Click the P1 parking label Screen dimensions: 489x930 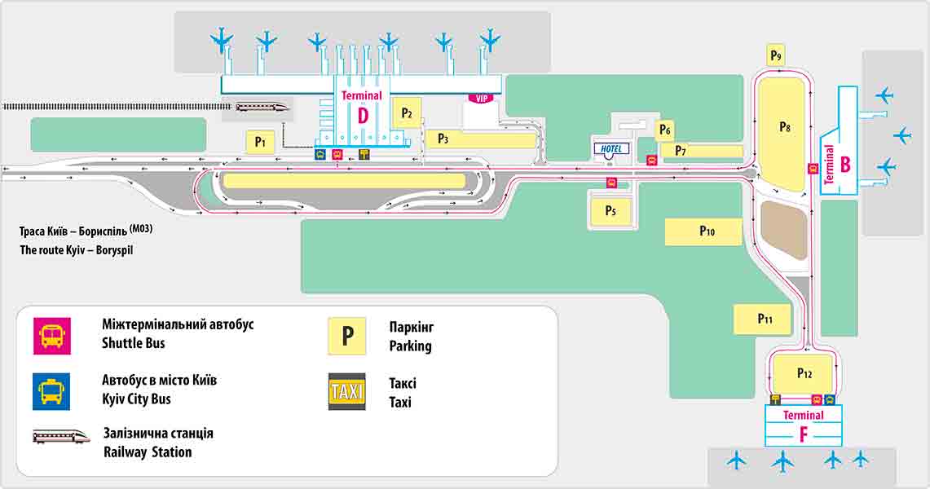[260, 143]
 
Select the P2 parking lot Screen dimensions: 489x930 [407, 114]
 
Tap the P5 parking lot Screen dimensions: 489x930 [610, 210]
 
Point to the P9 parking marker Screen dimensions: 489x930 [776, 55]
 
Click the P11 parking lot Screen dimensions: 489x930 [764, 319]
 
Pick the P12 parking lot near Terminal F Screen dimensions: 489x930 [804, 373]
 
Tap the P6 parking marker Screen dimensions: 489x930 [665, 130]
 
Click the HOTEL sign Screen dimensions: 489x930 [610, 149]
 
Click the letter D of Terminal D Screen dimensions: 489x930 [363, 116]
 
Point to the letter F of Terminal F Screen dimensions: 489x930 [803, 434]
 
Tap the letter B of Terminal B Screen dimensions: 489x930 [845, 165]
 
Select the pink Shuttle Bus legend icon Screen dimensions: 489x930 [51, 336]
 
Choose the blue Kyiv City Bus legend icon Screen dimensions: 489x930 [51, 391]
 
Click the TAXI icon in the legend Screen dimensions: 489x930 [347, 391]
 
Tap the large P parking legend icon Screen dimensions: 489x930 [347, 336]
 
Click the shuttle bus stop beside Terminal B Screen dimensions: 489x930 [813, 169]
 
